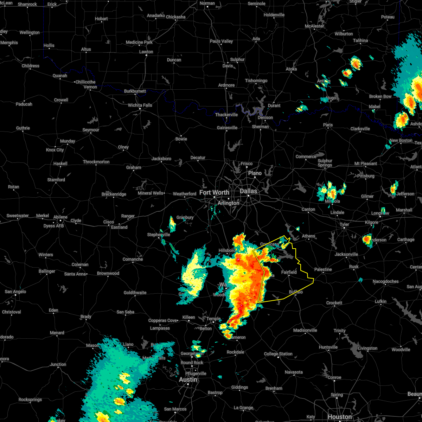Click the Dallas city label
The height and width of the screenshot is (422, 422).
click(249, 191)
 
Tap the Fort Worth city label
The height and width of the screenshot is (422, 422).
click(214, 192)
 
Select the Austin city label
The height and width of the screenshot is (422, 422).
click(188, 380)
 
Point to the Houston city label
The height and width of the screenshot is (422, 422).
click(339, 417)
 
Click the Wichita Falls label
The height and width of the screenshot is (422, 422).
click(140, 105)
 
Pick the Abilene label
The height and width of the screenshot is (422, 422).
click(60, 217)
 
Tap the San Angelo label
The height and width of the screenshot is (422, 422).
click(15, 292)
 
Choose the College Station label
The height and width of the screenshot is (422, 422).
click(278, 354)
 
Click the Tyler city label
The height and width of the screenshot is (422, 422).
click(344, 224)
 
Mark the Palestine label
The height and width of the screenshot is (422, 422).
click(323, 269)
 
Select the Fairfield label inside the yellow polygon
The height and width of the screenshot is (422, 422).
click(289, 272)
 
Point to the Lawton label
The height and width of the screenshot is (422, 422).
click(146, 52)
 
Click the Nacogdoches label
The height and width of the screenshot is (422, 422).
click(386, 281)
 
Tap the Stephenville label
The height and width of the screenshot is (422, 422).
click(159, 235)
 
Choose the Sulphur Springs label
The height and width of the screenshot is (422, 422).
click(325, 163)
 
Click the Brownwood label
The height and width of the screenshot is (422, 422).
click(108, 273)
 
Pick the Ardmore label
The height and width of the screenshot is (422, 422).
click(226, 85)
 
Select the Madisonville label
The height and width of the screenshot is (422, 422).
click(305, 330)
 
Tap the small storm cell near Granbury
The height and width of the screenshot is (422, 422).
click(172, 223)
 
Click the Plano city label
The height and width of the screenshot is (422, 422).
click(255, 173)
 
